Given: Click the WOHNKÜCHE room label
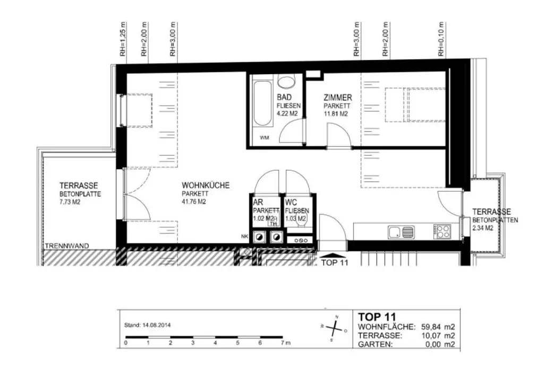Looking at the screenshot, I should pos(206,186).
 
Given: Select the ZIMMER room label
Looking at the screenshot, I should pos(337,98).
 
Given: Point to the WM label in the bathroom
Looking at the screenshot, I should pos(264,138).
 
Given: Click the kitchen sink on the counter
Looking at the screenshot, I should pos(401,232).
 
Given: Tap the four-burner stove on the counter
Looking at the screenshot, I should pos(443,231).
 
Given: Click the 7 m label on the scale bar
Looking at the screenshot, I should pos(286,343).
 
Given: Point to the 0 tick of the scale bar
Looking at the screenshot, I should pos(126,343).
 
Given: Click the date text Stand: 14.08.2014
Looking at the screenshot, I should pos(147,325).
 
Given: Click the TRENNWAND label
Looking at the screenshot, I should pos(67,246).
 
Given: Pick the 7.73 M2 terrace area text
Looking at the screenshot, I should pos(69,202).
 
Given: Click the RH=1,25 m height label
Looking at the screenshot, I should pos(123,40).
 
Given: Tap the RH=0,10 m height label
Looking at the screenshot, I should pos(440,40).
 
